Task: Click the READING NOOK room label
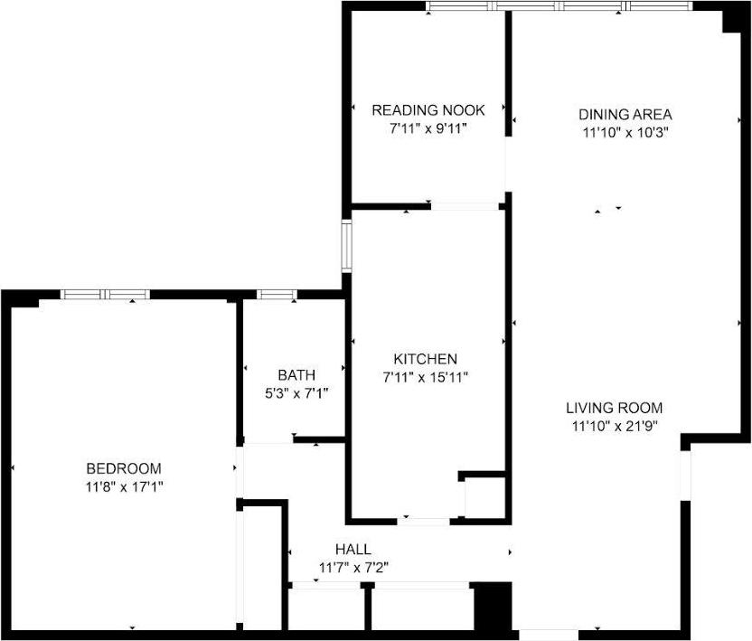pyautogui.click(x=428, y=110)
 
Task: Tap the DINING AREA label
pyautogui.click(x=625, y=115)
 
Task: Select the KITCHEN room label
pyautogui.click(x=425, y=359)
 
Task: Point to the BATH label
pyautogui.click(x=296, y=375)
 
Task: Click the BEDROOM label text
pyautogui.click(x=124, y=468)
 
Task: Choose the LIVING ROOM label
pyautogui.click(x=615, y=408)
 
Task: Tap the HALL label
pyautogui.click(x=352, y=550)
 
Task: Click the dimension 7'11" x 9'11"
pyautogui.click(x=428, y=128)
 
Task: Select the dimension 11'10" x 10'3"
pyautogui.click(x=625, y=132)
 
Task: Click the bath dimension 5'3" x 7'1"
pyautogui.click(x=296, y=392)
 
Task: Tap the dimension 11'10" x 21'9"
pyautogui.click(x=615, y=425)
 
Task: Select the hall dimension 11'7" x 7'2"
pyautogui.click(x=353, y=568)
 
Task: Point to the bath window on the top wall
pyautogui.click(x=277, y=294)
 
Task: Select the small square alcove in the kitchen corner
pyautogui.click(x=482, y=496)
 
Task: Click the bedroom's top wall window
pyautogui.click(x=105, y=294)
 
